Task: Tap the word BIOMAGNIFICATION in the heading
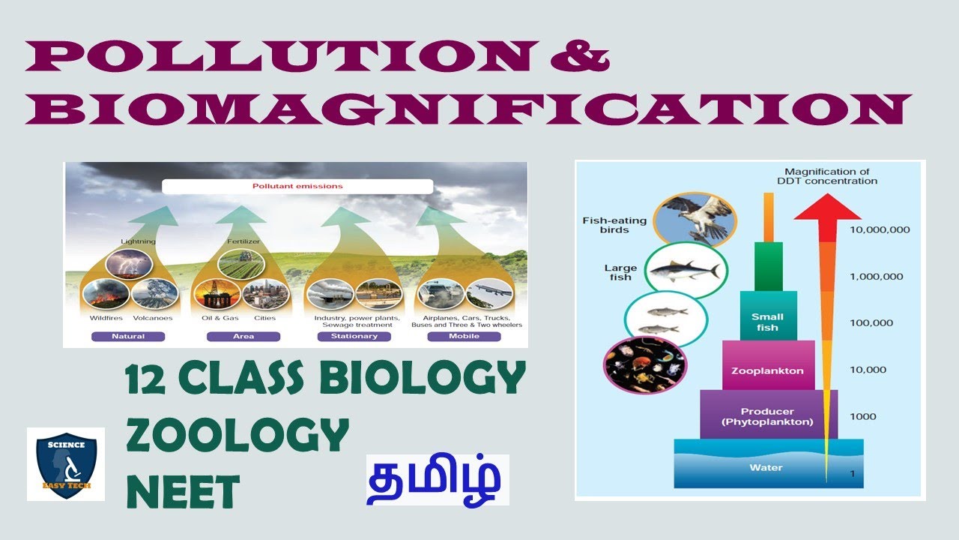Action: click(x=468, y=110)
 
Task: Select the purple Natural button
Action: click(x=128, y=337)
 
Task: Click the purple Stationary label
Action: click(x=354, y=337)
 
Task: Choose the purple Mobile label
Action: click(x=464, y=337)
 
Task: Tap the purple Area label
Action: click(x=243, y=337)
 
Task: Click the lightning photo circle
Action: click(x=129, y=265)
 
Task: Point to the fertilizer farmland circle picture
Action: click(x=240, y=265)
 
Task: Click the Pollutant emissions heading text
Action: click(x=297, y=186)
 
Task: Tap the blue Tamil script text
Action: click(x=438, y=479)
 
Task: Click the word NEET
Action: click(x=183, y=493)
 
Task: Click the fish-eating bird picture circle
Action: click(x=695, y=219)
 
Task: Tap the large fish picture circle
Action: click(x=682, y=270)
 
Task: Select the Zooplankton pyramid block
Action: click(x=768, y=370)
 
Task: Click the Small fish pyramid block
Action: click(x=767, y=322)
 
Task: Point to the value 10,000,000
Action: click(x=880, y=229)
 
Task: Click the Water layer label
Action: click(x=766, y=467)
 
